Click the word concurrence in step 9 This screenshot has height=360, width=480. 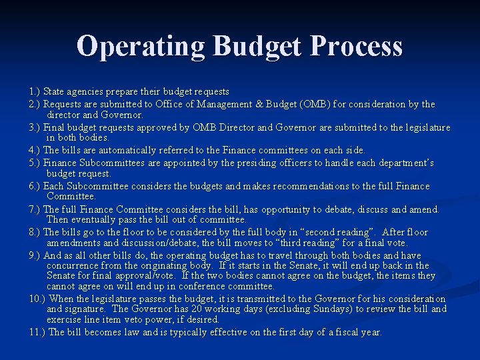pos(74,265)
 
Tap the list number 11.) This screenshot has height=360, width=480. pos(38,332)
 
